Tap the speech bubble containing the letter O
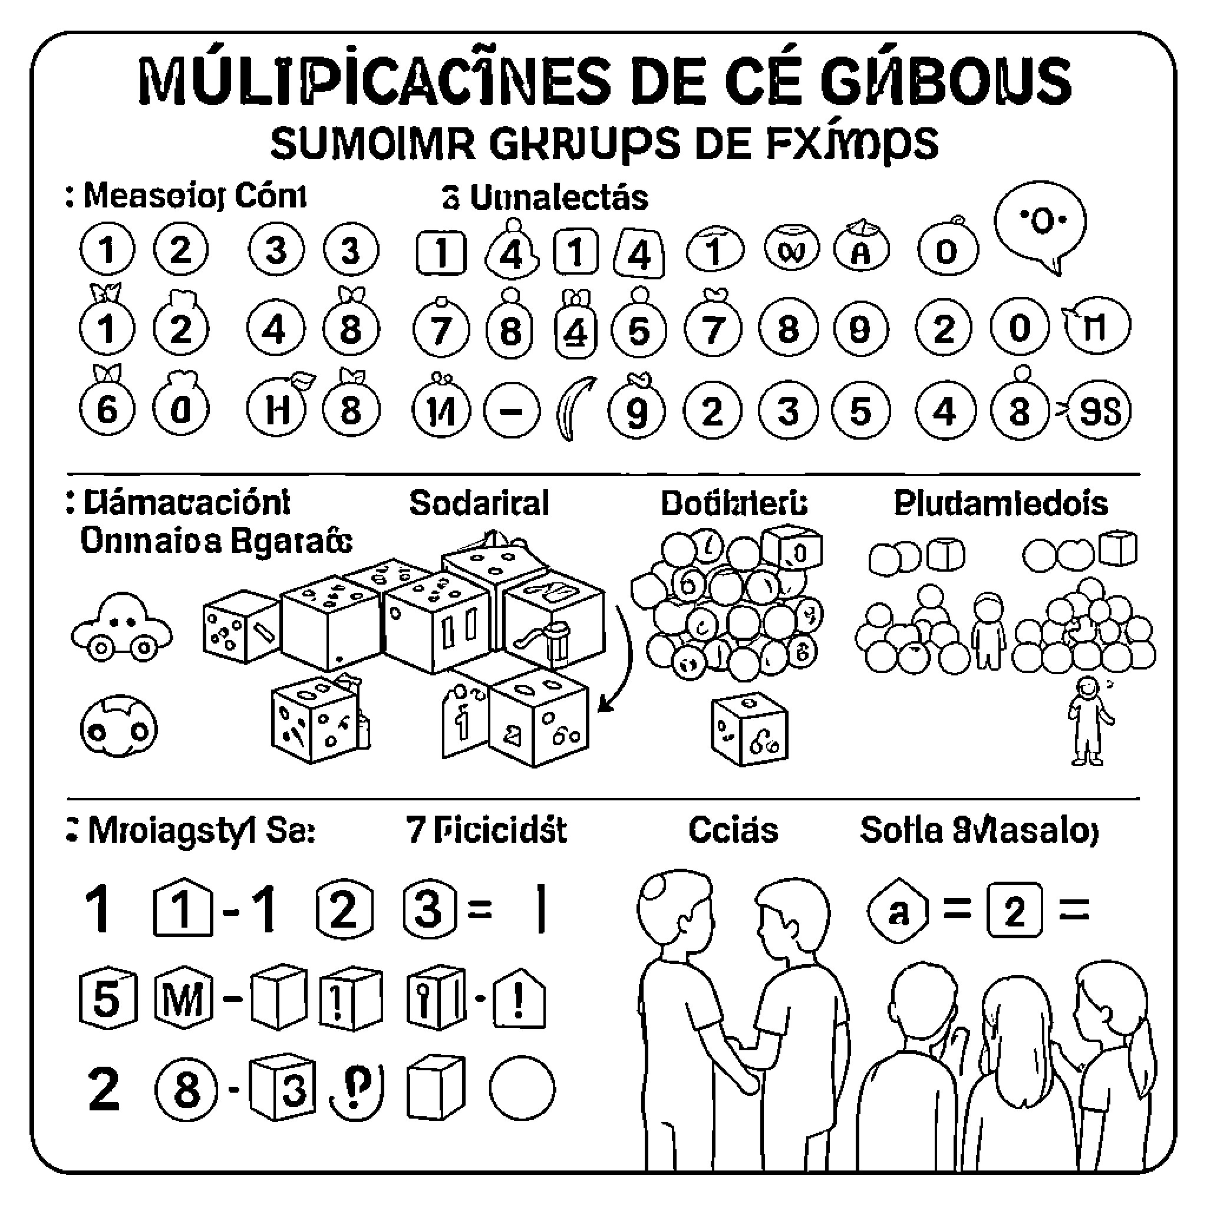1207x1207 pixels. (1040, 226)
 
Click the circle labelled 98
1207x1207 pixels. (1100, 411)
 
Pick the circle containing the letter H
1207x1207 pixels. (276, 410)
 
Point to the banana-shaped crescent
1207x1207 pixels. (573, 408)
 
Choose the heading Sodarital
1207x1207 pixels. (479, 503)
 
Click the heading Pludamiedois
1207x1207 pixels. (1000, 503)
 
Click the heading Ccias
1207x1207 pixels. (733, 830)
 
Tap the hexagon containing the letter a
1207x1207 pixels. (898, 912)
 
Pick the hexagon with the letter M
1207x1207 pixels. (183, 999)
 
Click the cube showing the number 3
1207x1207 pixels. (282, 1090)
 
